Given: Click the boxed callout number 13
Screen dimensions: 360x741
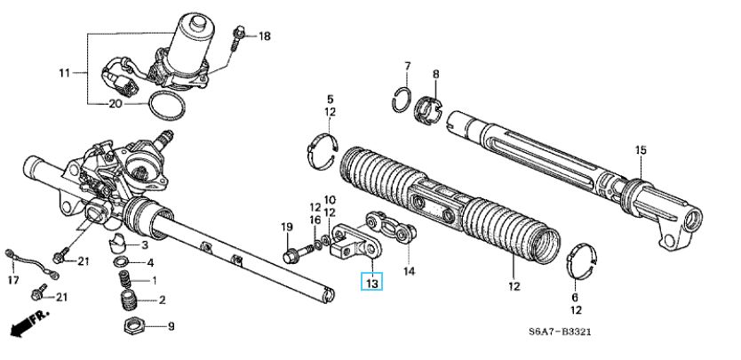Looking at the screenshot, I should tap(372, 283).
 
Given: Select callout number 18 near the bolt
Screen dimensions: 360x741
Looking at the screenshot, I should tap(264, 36).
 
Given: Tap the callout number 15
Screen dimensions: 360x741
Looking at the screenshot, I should tap(640, 149).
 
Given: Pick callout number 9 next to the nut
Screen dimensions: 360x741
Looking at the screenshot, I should tap(171, 326).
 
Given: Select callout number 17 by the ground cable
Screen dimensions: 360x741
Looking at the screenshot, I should tap(12, 281).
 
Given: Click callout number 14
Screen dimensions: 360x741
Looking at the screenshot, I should tap(410, 270).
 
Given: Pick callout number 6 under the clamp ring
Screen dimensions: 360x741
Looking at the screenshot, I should tap(574, 297).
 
